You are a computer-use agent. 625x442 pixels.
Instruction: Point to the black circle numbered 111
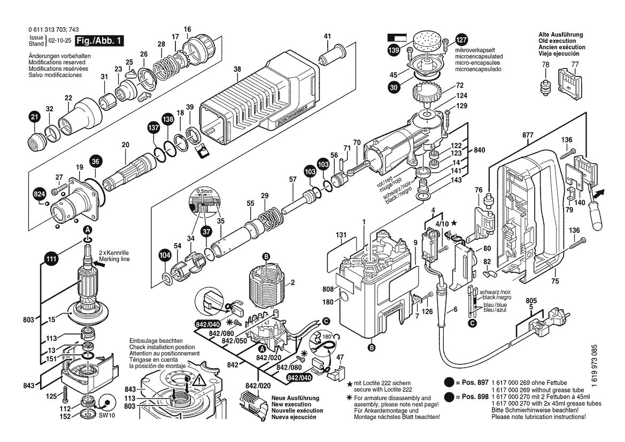coord(51,260)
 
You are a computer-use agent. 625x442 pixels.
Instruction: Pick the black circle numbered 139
coord(394,51)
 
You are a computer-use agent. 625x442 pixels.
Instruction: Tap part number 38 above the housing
coord(237,69)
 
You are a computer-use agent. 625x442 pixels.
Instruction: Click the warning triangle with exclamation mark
coord(199,381)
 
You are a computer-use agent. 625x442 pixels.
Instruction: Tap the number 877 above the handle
coord(528,135)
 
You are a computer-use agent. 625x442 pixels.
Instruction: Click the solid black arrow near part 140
coord(599,192)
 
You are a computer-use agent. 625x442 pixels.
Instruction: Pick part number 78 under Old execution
coord(545,65)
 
